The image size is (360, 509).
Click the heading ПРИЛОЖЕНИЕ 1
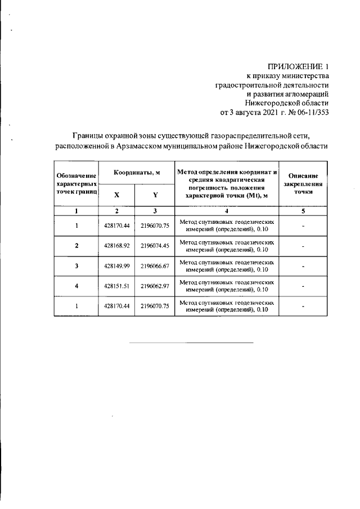(x=296, y=67)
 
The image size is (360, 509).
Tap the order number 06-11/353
(x=309, y=111)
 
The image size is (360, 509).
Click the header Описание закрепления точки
(x=303, y=183)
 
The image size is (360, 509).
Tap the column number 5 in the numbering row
(x=303, y=211)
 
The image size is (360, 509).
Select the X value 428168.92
(x=116, y=246)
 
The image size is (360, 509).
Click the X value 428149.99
(x=116, y=265)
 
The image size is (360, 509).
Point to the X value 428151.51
(x=116, y=286)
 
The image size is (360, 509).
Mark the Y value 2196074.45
(x=155, y=246)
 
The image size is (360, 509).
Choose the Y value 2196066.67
(x=155, y=265)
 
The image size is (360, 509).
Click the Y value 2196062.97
(x=155, y=286)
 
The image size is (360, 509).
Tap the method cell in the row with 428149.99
(x=227, y=265)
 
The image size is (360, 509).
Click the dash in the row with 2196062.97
(x=303, y=286)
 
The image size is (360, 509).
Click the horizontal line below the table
(x=191, y=342)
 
